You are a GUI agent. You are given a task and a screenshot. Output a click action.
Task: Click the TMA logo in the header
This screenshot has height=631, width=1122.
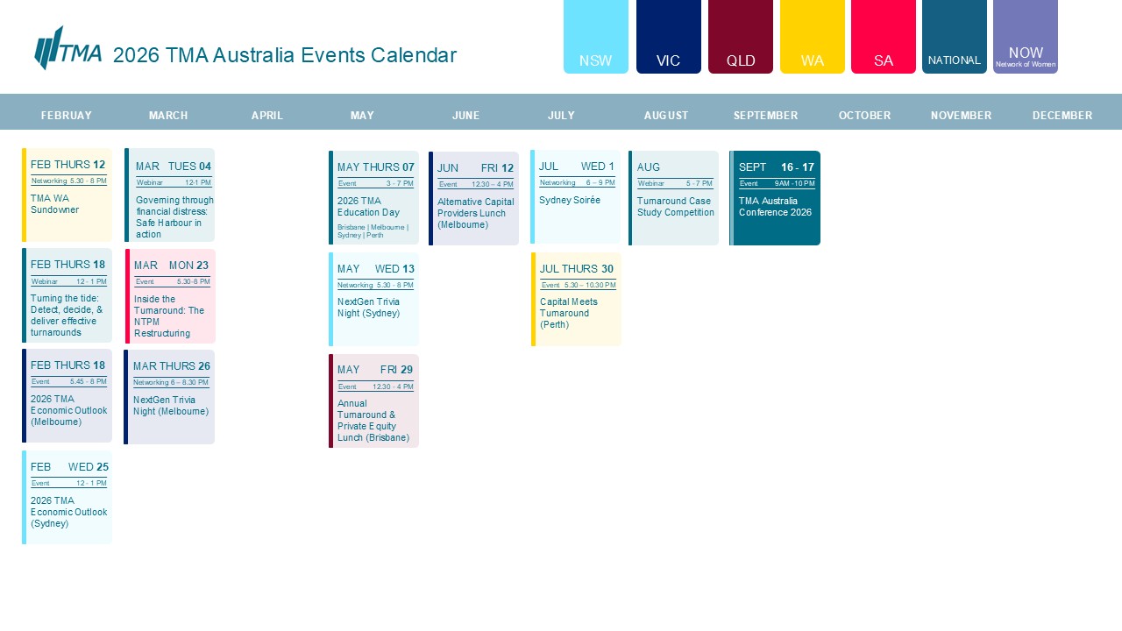pyautogui.click(x=67, y=48)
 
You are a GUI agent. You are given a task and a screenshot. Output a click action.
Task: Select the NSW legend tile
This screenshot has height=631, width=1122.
pyautogui.click(x=596, y=37)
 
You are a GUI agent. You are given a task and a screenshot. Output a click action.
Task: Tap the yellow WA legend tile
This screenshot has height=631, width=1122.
pyautogui.click(x=813, y=37)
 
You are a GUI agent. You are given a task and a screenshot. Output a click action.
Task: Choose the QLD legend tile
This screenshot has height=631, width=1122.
pyautogui.click(x=741, y=37)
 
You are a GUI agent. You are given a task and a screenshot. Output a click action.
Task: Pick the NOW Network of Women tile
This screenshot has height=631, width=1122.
pyautogui.click(x=1026, y=37)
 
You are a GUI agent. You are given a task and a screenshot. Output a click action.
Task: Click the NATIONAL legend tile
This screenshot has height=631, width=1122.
pyautogui.click(x=955, y=37)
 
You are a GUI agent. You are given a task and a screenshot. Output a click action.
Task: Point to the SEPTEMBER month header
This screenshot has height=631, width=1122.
pyautogui.click(x=765, y=116)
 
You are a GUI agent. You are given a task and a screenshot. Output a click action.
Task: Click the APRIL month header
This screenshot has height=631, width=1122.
pyautogui.click(x=267, y=116)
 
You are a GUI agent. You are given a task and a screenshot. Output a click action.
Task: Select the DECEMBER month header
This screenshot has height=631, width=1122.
pyautogui.click(x=1062, y=116)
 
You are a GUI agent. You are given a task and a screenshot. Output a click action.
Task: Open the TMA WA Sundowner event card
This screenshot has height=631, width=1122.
pyautogui.click(x=67, y=195)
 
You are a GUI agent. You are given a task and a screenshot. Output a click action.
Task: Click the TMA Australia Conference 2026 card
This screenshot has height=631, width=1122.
pyautogui.click(x=776, y=198)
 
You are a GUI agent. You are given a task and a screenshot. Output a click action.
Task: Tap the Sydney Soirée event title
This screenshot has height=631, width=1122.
pyautogui.click(x=570, y=201)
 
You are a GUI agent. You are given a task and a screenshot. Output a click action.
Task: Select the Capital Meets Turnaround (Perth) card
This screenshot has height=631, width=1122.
pyautogui.click(x=577, y=300)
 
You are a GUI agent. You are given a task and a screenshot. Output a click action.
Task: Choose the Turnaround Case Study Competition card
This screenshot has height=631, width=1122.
pyautogui.click(x=674, y=198)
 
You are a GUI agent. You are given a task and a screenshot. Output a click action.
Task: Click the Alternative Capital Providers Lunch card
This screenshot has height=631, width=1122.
pyautogui.click(x=474, y=199)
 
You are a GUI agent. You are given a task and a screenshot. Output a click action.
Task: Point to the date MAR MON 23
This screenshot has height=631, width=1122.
pyautogui.click(x=172, y=266)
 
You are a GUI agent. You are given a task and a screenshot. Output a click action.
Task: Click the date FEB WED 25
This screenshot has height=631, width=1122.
pyautogui.click(x=69, y=467)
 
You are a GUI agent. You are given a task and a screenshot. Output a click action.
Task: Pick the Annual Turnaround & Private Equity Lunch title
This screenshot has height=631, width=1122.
pyautogui.click(x=373, y=421)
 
